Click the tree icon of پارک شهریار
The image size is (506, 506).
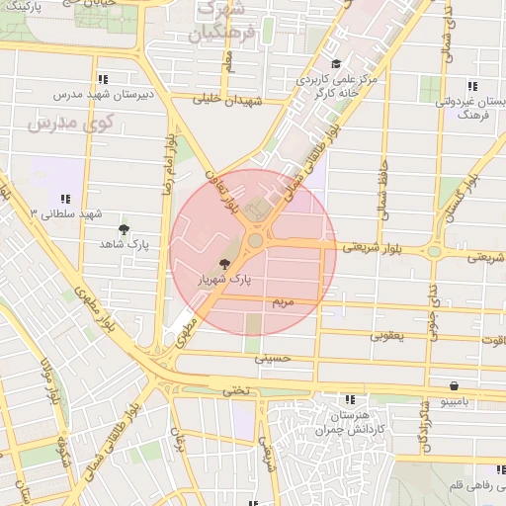(x=226, y=264)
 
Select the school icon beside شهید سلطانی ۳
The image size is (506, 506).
(x=65, y=199)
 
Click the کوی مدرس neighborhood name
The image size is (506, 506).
(x=71, y=125)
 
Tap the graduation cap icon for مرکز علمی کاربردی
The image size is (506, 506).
(x=337, y=64)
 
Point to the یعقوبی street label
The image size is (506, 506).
(x=386, y=336)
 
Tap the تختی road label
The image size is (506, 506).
(x=235, y=390)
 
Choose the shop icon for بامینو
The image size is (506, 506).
(x=454, y=386)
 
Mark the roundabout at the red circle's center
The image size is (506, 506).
(x=256, y=241)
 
